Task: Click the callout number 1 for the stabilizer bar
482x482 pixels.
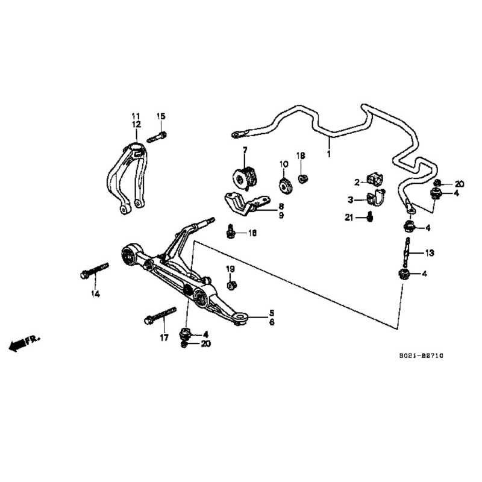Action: click(329, 154)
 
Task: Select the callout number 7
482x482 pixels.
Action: click(245, 149)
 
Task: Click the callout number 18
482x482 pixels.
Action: click(301, 155)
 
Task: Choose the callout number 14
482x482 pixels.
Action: click(95, 294)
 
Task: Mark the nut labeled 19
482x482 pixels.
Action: click(231, 283)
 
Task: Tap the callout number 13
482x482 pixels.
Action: click(430, 252)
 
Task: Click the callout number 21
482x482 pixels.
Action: click(348, 218)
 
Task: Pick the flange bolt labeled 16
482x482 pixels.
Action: click(230, 231)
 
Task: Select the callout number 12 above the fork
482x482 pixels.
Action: click(137, 124)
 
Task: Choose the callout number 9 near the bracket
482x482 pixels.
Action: click(281, 215)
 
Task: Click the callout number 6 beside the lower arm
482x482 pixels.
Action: click(272, 322)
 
